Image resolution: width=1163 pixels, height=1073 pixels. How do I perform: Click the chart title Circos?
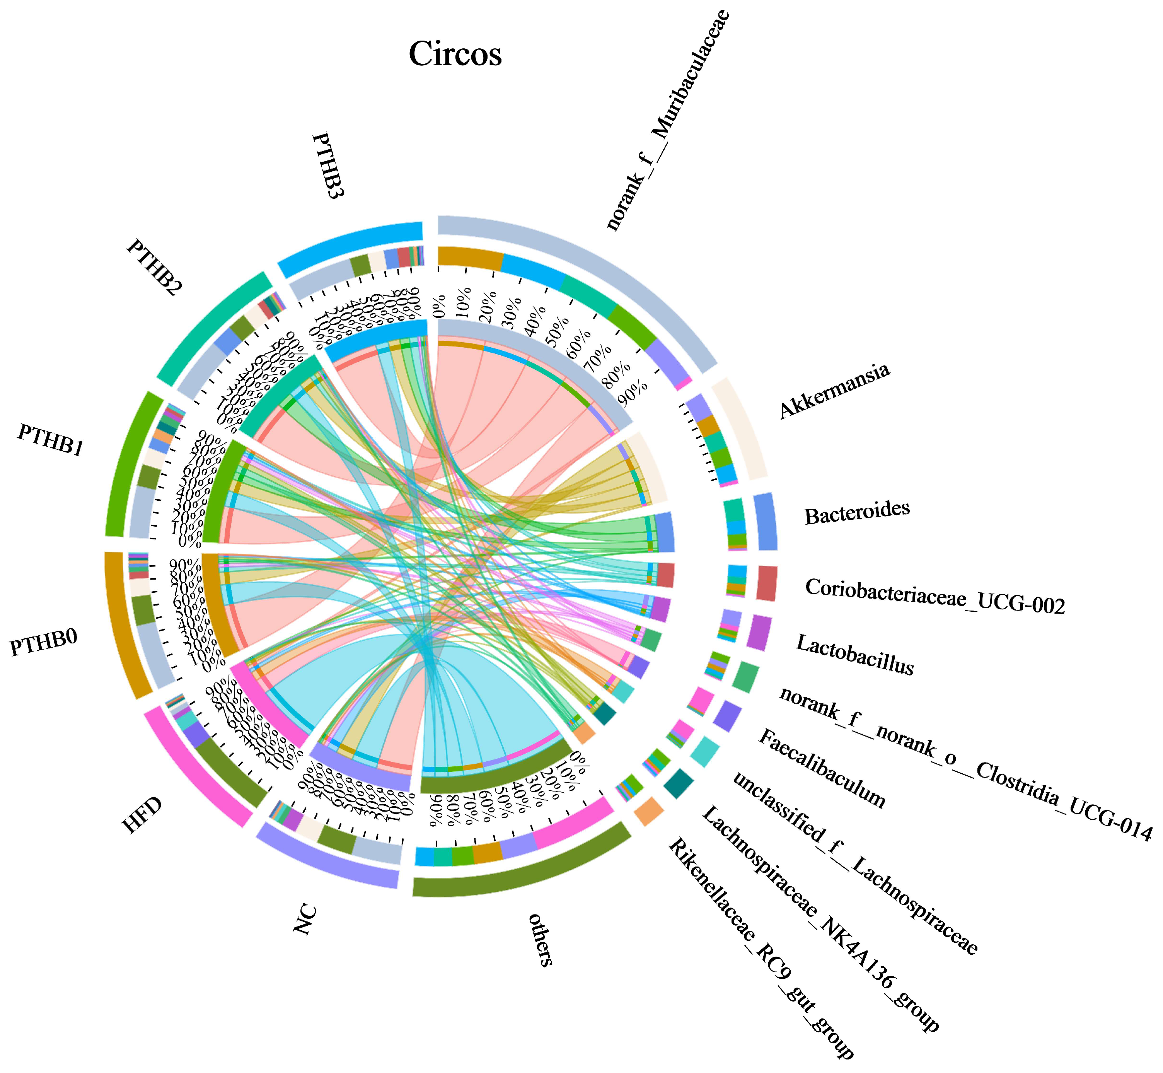point(455,54)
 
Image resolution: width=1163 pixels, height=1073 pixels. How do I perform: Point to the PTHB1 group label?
point(51,440)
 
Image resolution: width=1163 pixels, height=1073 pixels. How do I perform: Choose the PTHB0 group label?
point(44,642)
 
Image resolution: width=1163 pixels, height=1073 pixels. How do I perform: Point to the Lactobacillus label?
point(855,654)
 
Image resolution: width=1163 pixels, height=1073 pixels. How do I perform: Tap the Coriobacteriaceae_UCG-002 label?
point(935,596)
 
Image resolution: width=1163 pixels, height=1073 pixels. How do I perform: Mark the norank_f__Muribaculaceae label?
point(667,119)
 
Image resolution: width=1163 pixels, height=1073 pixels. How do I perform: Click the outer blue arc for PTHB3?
point(348,246)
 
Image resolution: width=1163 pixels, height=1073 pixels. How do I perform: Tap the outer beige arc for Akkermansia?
point(740,427)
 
